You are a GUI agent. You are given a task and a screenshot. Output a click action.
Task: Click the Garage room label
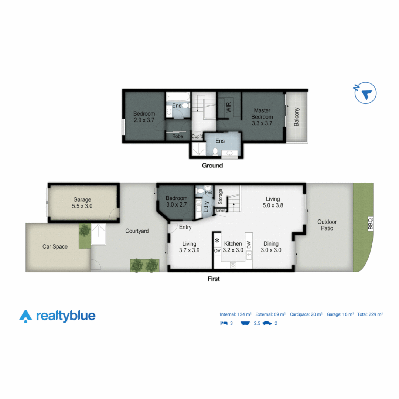tap(82, 203)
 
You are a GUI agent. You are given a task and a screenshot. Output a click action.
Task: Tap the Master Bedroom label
tap(262, 117)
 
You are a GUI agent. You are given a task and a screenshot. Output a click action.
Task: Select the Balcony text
tap(296, 117)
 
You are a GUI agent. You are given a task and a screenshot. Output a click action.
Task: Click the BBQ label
tap(371, 224)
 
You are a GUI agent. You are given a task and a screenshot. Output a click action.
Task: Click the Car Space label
tap(55, 246)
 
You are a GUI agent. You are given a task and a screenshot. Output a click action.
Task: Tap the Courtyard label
tap(137, 231)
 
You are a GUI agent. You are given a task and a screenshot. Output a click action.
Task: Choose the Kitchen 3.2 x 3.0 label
tap(233, 247)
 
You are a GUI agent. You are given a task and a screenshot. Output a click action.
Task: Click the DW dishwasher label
tap(249, 244)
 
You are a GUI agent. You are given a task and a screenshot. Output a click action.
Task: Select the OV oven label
tap(217, 251)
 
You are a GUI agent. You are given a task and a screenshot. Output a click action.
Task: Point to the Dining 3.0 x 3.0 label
tap(271, 247)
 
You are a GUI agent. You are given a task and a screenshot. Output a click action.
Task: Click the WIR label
tap(229, 108)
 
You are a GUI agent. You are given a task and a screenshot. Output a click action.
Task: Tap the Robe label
tap(177, 136)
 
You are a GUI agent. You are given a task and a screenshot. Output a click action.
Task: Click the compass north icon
tap(365, 93)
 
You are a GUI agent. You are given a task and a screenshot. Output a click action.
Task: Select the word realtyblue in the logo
tap(66, 316)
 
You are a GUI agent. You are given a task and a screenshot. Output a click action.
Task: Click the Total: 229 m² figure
tap(370, 314)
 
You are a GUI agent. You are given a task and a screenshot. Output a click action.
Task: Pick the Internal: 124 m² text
tap(236, 314)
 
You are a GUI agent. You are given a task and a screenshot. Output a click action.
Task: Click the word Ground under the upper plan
tap(212, 166)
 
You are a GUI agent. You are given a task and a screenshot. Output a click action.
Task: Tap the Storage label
tap(221, 197)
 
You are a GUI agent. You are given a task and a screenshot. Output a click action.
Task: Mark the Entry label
tap(185, 227)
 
